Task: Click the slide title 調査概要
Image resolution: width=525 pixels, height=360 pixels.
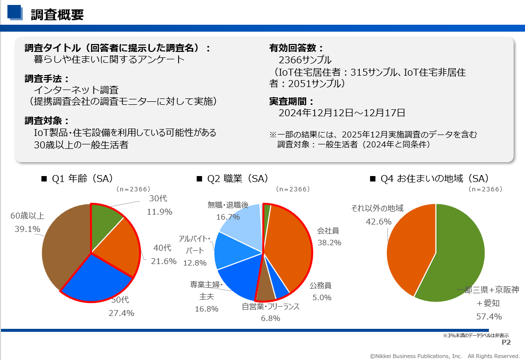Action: click(57, 15)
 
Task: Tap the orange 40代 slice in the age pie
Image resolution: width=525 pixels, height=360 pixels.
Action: click(116, 247)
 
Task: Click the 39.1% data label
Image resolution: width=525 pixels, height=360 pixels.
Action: click(27, 229)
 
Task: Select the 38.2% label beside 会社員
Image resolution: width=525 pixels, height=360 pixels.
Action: click(329, 243)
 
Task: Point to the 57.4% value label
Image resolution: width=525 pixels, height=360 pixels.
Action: click(489, 316)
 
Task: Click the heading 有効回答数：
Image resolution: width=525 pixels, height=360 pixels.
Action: click(296, 48)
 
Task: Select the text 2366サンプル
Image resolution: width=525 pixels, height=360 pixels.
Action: click(305, 60)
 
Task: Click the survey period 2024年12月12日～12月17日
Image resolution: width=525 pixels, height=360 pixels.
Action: click(342, 113)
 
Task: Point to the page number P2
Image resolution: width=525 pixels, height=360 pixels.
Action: click(506, 342)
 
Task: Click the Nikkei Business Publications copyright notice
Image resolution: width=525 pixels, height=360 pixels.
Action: click(445, 356)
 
